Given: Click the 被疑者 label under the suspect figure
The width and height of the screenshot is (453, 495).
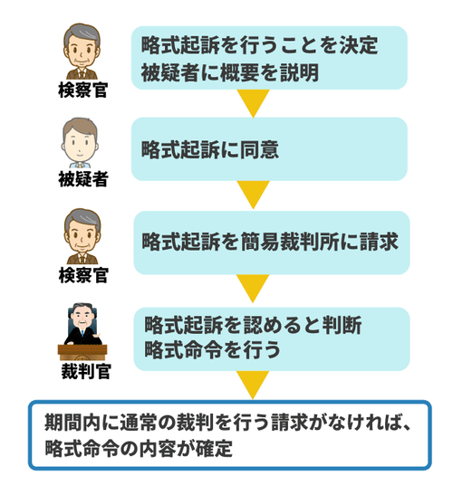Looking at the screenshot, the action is click(83, 179).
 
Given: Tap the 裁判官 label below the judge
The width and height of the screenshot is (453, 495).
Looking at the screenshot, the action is click(86, 371).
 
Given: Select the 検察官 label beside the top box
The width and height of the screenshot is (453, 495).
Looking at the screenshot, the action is click(83, 90).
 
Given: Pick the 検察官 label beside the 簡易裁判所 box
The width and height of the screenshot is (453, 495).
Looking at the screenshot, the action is click(83, 275).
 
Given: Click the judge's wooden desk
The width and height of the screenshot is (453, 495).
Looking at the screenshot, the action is click(82, 352).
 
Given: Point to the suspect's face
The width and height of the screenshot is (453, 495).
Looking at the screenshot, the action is click(80, 146).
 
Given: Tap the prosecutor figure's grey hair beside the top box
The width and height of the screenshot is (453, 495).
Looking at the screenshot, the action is click(82, 34).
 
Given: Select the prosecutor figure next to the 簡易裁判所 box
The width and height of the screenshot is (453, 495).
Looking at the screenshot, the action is click(82, 236).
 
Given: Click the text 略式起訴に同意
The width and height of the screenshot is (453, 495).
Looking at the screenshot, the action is click(209, 149).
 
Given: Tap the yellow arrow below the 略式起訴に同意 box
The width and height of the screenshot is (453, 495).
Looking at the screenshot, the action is click(253, 195).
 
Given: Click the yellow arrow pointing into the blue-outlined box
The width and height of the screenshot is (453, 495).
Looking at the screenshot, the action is click(253, 385).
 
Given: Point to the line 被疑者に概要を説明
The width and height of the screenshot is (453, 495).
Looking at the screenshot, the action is click(229, 72).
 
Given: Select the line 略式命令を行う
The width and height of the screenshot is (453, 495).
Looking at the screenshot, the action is click(212, 350).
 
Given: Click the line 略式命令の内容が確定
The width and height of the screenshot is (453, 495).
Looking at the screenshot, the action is click(139, 448).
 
